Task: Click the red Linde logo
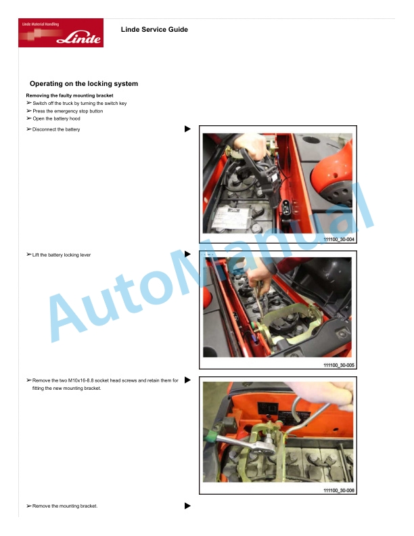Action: [61, 32]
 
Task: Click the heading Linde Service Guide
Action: [154, 29]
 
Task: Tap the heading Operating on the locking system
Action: [84, 84]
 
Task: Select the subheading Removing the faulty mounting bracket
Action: [70, 95]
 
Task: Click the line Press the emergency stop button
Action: [68, 111]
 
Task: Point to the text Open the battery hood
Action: [56, 118]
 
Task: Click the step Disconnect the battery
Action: [56, 129]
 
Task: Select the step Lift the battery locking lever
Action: [62, 254]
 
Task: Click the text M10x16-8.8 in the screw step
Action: [80, 380]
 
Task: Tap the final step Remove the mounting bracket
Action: [65, 506]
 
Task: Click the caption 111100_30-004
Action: [339, 240]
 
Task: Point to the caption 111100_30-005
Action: [339, 365]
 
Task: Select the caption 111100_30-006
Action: [339, 491]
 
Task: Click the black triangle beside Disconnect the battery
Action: [187, 129]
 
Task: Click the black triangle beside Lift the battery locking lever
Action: [187, 254]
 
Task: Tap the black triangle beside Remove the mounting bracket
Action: [187, 506]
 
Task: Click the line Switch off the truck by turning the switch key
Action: [80, 104]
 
